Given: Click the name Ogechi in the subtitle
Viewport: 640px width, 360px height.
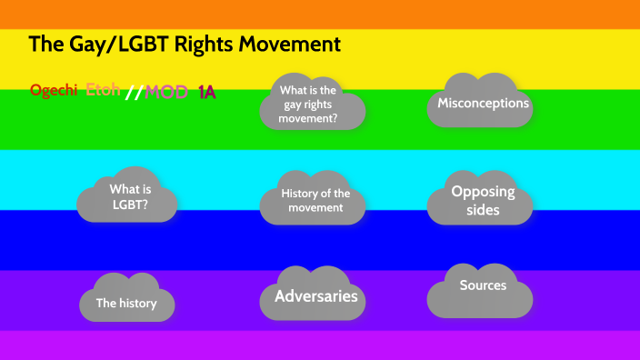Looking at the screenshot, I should (x=55, y=91).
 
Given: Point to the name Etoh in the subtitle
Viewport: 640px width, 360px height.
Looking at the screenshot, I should (x=103, y=90).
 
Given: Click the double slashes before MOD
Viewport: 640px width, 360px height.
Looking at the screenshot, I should (x=134, y=92).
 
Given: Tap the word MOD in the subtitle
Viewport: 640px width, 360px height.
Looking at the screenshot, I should (x=166, y=92).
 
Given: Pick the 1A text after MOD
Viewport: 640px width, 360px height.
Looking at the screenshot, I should (x=206, y=92).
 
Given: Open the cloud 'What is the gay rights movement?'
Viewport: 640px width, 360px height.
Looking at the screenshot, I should (x=312, y=104).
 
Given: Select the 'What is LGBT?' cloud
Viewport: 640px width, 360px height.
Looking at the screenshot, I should (x=130, y=197).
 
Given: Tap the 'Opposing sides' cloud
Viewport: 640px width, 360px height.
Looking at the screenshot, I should (x=483, y=201).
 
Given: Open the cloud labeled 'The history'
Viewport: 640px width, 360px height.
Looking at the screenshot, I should (x=126, y=304).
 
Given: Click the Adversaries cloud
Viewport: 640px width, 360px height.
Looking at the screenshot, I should (x=315, y=296).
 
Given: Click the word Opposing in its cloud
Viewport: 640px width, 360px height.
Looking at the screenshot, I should (x=483, y=192).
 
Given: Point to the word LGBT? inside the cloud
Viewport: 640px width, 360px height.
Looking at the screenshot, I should (x=130, y=205).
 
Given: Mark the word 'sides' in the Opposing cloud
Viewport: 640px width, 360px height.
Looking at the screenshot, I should (x=483, y=211).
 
